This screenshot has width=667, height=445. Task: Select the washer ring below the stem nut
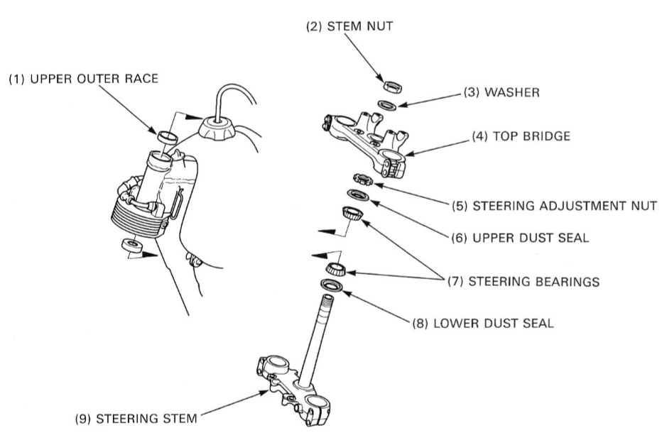(x=387, y=104)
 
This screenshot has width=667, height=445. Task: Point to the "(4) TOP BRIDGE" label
(x=520, y=136)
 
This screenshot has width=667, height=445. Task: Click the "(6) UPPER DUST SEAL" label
(x=520, y=238)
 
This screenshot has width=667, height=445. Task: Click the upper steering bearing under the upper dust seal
(x=352, y=211)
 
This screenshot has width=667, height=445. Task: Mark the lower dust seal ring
(x=332, y=285)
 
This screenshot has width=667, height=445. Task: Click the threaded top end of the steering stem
(x=328, y=309)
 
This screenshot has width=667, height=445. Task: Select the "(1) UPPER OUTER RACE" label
(x=83, y=80)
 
